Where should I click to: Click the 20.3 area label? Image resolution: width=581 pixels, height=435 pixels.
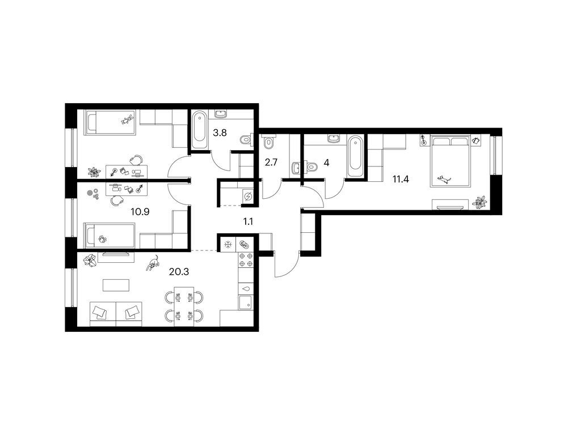point(179,272)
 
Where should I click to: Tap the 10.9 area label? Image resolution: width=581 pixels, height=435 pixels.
point(140,212)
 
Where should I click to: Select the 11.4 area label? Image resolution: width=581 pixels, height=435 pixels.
point(401,180)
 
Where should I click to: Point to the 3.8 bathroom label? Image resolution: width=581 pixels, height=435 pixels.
point(220,133)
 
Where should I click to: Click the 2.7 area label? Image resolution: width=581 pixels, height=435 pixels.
point(271,163)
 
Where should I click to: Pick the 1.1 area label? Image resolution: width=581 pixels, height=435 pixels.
point(248,221)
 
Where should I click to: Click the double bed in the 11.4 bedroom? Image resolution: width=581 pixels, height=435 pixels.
point(450,161)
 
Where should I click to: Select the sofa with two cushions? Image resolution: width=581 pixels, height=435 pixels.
point(116,314)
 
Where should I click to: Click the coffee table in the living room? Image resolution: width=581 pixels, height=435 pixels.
point(116,285)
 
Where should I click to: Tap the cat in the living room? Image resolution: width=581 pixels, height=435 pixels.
point(153,263)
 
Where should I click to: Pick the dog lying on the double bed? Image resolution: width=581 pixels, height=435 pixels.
point(444,180)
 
